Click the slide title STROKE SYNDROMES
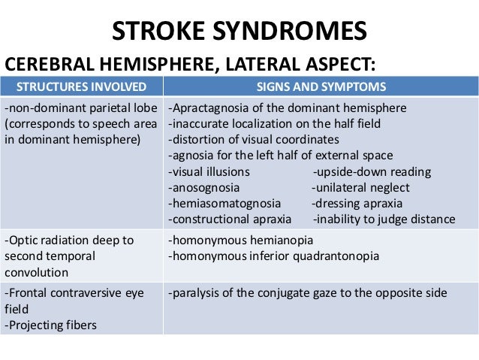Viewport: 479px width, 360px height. coord(239,31)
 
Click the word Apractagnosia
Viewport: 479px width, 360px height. coord(209,107)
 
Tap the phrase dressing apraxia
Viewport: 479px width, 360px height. coord(357,203)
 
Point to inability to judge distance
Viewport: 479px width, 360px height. coord(384,219)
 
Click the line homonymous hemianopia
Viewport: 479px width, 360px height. coord(240,241)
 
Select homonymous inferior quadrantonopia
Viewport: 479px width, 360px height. coord(273,256)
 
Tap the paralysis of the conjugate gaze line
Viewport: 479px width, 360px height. coord(308,292)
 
